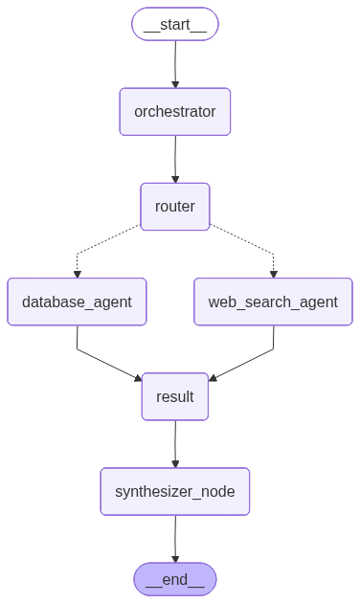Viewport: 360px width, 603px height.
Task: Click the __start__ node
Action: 175,24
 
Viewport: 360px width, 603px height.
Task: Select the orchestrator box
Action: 175,111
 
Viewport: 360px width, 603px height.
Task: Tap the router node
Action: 175,206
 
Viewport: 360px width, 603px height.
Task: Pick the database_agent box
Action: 77,301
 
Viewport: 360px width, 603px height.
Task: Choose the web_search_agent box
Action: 273,301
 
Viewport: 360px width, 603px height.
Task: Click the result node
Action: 175,396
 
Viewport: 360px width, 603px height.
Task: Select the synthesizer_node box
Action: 175,492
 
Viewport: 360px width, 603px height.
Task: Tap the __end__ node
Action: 175,578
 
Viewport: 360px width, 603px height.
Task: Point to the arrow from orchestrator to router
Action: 175,158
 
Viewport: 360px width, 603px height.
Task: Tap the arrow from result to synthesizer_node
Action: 175,443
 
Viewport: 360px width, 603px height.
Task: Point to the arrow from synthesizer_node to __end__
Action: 175,538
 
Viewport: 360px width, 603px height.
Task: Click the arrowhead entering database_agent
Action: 77,274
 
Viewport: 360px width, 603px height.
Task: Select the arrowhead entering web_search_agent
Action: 273,274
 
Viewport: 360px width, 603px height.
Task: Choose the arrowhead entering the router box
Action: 175,178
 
